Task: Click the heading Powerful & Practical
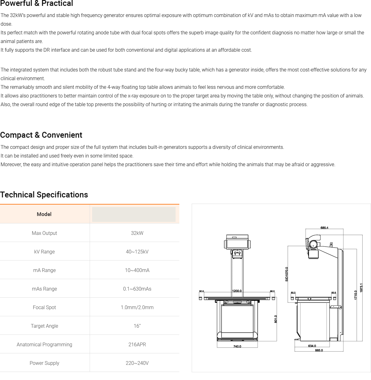pyautogui.click(x=36, y=4)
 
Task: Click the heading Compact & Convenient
pyautogui.click(x=41, y=135)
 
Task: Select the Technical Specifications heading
pyautogui.click(x=44, y=195)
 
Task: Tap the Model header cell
pyautogui.click(x=44, y=214)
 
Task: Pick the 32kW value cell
pyautogui.click(x=137, y=233)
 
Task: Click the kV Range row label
pyautogui.click(x=44, y=252)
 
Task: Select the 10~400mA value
pyautogui.click(x=137, y=270)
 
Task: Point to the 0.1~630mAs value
pyautogui.click(x=137, y=289)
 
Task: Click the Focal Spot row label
pyautogui.click(x=44, y=307)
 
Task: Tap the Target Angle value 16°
pyautogui.click(x=137, y=326)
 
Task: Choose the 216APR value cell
pyautogui.click(x=137, y=344)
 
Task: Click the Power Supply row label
pyautogui.click(x=44, y=363)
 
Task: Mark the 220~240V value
pyautogui.click(x=137, y=363)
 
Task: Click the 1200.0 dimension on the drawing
pyautogui.click(x=237, y=291)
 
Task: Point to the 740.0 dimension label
pyautogui.click(x=237, y=346)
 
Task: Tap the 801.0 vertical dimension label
pyautogui.click(x=276, y=319)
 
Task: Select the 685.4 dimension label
pyautogui.click(x=324, y=228)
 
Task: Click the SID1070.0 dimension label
pyautogui.click(x=287, y=274)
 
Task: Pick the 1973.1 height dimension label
pyautogui.click(x=361, y=287)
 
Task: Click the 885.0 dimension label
pyautogui.click(x=319, y=350)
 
